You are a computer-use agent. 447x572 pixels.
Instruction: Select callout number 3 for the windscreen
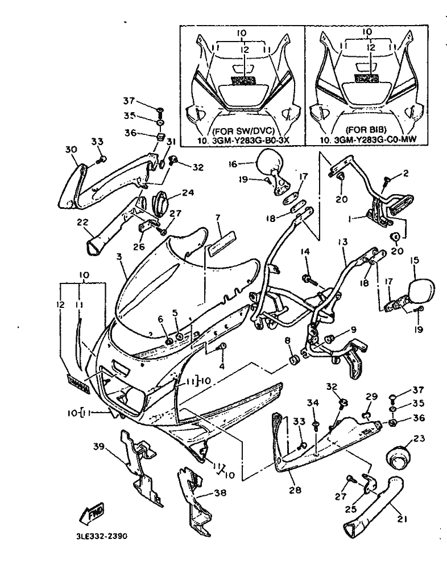click(119, 257)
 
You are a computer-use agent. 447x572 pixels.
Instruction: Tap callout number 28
click(295, 489)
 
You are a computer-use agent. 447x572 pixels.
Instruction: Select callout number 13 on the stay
click(342, 241)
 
